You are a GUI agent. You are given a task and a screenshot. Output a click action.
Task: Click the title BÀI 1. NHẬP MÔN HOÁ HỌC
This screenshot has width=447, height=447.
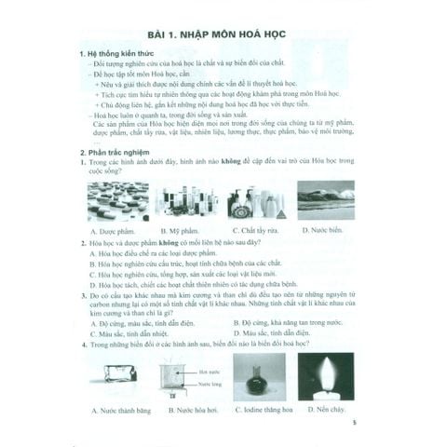[222, 36]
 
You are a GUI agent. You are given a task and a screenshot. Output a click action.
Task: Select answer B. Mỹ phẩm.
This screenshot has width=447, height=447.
[178, 229]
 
